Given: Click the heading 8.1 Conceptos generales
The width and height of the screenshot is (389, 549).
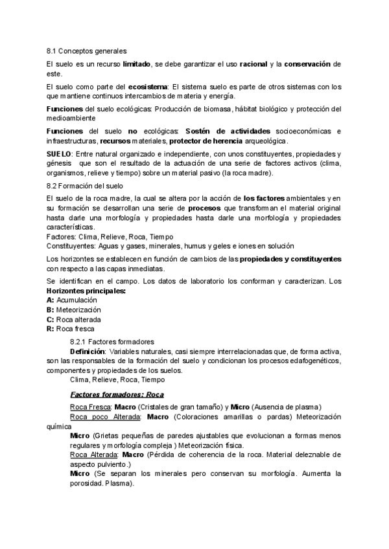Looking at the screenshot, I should (87, 50).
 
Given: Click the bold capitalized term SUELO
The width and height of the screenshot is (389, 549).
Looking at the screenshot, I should (59, 153).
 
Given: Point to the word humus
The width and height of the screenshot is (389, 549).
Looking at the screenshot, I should (215, 245).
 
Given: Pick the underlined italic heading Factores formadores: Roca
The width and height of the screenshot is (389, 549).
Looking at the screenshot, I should (117, 394).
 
